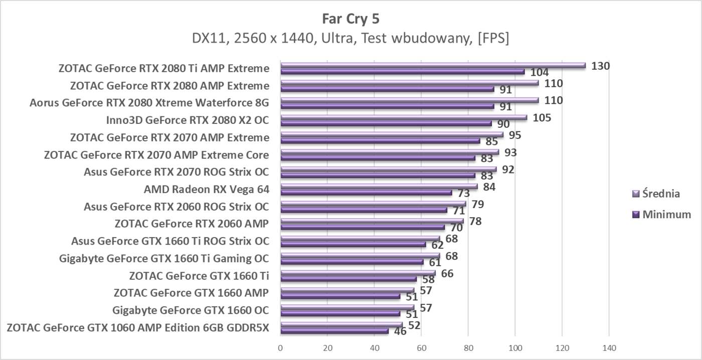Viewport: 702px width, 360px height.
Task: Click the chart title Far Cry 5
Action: point(350,19)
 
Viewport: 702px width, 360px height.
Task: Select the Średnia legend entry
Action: point(661,194)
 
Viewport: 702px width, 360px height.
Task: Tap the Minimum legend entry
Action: point(662,215)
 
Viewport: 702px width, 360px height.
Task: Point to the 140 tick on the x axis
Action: point(609,347)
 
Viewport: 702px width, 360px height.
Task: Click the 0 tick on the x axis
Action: point(280,347)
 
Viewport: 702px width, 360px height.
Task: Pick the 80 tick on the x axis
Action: point(468,347)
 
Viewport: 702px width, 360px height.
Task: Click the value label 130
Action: point(600,65)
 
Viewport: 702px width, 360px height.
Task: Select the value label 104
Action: point(540,73)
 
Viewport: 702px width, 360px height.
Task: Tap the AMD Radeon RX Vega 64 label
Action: point(206,189)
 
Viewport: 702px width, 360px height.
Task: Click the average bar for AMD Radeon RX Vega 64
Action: point(379,186)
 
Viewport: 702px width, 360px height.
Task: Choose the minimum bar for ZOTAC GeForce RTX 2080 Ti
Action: point(402,72)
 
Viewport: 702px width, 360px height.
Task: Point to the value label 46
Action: point(400,331)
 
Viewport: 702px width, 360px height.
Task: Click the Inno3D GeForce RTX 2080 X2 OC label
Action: point(187,120)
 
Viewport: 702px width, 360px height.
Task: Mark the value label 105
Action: point(542,118)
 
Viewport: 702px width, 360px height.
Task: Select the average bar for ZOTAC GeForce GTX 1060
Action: point(341,324)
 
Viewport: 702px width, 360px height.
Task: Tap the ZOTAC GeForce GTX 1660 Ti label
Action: point(199,275)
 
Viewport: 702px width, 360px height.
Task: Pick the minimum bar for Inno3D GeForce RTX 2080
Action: point(386,123)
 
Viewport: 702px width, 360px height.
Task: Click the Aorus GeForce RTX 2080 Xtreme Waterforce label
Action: point(149,103)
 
